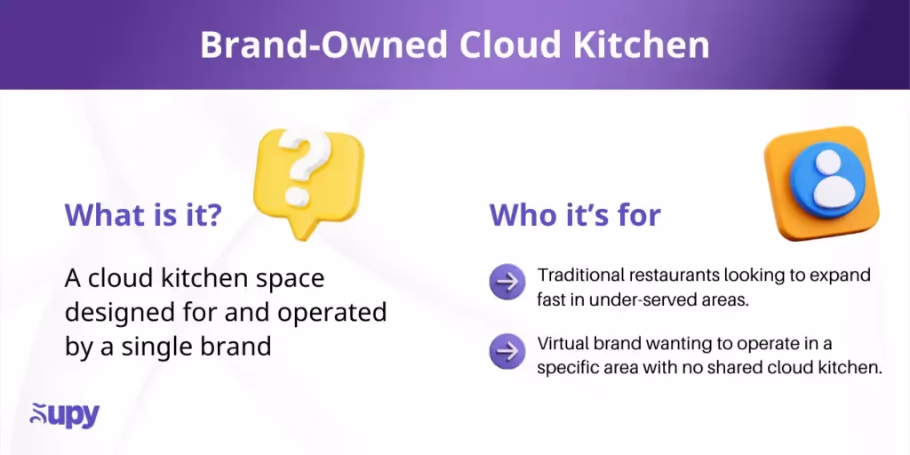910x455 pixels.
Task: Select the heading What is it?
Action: point(143,215)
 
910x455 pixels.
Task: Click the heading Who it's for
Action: point(575,215)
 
